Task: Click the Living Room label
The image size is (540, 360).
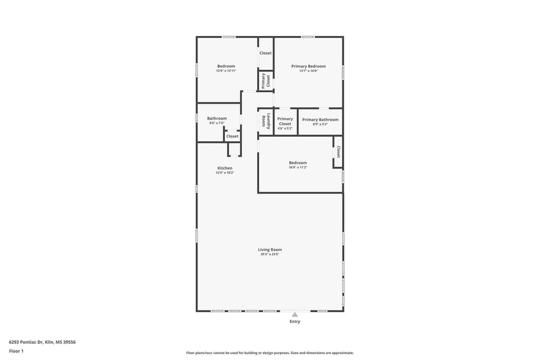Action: click(270, 249)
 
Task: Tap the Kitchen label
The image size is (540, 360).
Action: click(225, 168)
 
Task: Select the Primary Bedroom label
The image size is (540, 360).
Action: click(308, 66)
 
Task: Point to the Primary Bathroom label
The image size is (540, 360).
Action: click(320, 119)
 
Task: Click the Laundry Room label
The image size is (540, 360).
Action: click(265, 121)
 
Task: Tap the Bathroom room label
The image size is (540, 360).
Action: click(217, 118)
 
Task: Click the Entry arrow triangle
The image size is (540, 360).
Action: click(295, 314)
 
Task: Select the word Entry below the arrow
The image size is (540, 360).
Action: click(295, 322)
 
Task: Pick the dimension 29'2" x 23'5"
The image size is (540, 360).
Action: click(270, 254)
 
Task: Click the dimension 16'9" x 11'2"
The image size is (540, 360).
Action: click(298, 167)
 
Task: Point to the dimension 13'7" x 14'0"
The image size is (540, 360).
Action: click(308, 71)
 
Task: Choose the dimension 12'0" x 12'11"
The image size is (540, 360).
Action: click(226, 71)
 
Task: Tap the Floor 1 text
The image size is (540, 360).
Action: click(16, 351)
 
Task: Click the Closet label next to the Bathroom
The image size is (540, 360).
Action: click(232, 136)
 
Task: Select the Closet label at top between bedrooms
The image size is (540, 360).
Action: click(265, 53)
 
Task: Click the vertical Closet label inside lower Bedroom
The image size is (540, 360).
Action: click(338, 152)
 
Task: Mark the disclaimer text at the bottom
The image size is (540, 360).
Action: click(270, 353)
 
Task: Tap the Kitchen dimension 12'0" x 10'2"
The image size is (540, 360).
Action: click(225, 173)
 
